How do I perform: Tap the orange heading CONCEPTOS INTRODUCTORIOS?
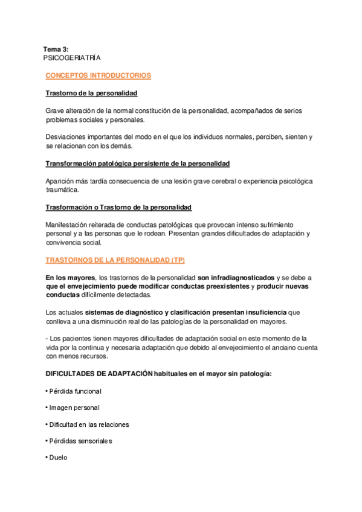point(99,75)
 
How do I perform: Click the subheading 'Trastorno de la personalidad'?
point(92,94)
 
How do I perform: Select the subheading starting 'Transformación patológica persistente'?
point(137,164)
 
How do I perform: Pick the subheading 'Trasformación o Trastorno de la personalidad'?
point(118,208)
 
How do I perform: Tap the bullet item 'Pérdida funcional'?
point(76,391)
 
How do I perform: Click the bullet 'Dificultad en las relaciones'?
point(89,424)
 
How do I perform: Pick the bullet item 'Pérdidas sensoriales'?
point(80,441)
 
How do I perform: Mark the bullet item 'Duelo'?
point(59,458)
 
